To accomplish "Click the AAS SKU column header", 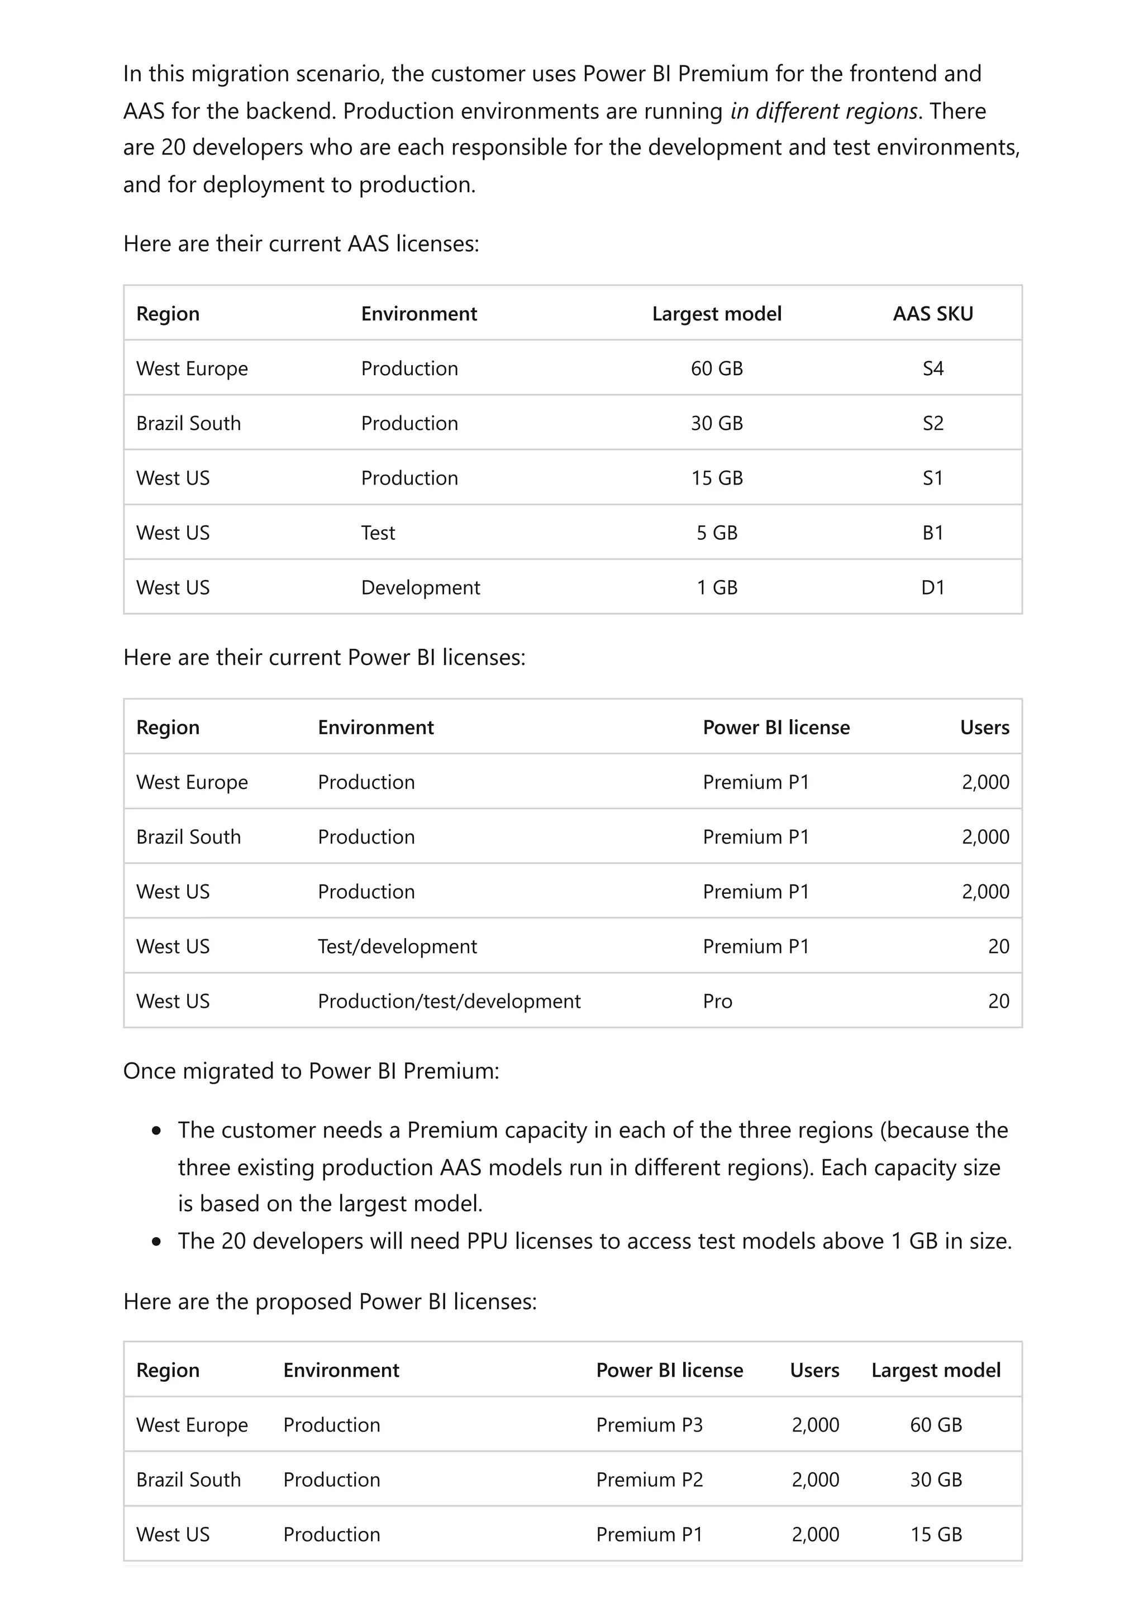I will point(932,314).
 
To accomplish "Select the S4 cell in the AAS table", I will point(932,368).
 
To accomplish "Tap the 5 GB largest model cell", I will point(716,533).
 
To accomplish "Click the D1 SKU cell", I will point(932,588).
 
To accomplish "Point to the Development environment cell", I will point(420,588).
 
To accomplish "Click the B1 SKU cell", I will point(932,533).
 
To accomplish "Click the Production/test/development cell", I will point(449,1002).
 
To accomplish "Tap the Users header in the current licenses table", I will point(984,727).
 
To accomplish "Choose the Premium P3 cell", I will point(649,1425).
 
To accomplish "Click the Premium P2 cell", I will point(649,1480).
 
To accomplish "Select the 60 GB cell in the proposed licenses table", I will point(935,1425).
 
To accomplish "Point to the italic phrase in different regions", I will point(823,111).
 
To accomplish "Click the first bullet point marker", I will point(156,1132).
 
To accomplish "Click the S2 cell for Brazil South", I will point(932,424).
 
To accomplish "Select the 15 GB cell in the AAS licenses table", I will point(716,478).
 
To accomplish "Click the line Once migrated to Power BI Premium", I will point(311,1071).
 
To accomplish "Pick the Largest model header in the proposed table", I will point(935,1370).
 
